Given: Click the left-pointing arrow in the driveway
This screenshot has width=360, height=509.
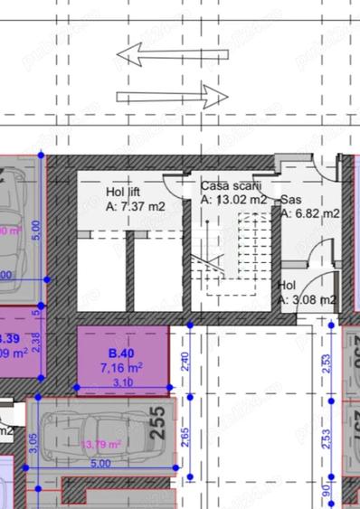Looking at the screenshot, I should click(159, 56).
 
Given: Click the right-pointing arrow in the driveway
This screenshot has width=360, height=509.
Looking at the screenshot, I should click(172, 93).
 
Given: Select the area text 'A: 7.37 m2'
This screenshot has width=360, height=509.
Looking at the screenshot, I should click(136, 206).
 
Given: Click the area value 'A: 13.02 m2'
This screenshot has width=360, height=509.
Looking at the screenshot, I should click(233, 199).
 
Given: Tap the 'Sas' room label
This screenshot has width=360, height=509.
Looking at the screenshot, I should click(291, 200).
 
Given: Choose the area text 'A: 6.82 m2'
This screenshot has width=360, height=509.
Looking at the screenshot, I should click(309, 213).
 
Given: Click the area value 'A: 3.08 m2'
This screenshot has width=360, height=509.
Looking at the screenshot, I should click(308, 299).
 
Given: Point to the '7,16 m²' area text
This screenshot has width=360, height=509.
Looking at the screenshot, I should click(121, 368).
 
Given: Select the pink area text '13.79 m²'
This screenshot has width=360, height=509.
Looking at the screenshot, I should click(101, 444).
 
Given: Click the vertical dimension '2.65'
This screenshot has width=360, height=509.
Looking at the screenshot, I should click(185, 435).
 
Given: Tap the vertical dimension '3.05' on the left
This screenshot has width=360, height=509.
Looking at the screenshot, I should click(33, 443).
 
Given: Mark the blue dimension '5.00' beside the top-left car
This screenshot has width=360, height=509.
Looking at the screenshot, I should click(35, 231).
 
